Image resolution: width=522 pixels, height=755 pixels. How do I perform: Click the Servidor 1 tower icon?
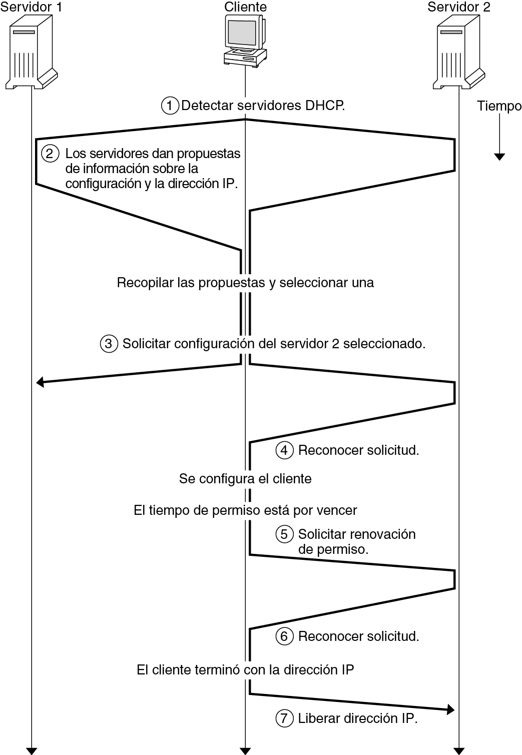click(32, 52)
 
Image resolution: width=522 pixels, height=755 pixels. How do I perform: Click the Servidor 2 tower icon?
click(459, 52)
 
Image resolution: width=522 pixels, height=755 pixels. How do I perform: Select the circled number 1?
click(170, 106)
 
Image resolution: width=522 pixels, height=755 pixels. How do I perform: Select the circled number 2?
click(50, 153)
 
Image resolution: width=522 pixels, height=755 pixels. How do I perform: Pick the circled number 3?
click(109, 344)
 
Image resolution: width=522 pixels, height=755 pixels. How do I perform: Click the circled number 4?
click(284, 450)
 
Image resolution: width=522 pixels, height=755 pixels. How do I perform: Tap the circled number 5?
click(284, 534)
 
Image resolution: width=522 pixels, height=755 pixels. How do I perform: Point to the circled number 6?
click(284, 636)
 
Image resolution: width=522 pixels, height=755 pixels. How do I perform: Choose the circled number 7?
click(284, 718)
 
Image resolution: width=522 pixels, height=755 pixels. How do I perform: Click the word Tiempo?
click(499, 106)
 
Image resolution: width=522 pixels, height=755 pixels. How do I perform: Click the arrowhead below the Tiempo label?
click(499, 157)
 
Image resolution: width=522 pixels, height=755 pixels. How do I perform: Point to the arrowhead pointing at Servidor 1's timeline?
click(41, 383)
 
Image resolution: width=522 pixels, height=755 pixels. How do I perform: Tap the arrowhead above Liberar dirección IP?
click(450, 709)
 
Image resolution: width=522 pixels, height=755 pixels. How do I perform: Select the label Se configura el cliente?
click(245, 479)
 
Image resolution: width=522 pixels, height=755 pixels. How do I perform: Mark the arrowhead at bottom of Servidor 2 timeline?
click(459, 750)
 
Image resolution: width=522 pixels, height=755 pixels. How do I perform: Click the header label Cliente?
click(245, 7)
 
